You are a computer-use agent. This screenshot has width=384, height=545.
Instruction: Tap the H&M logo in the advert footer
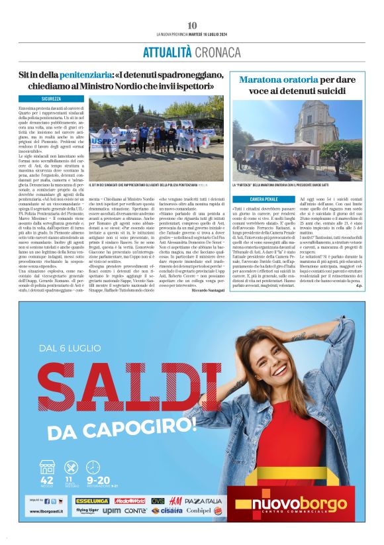click(175, 501)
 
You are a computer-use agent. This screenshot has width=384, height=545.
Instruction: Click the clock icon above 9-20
click(93, 468)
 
